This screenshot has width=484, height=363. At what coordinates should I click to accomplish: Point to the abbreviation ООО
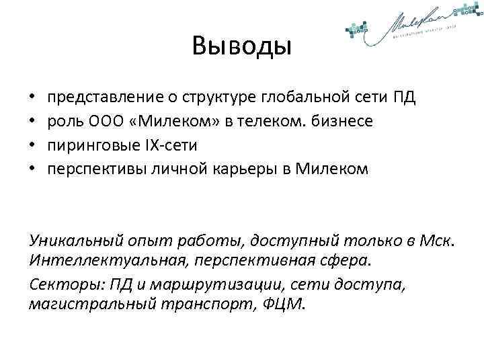click(x=102, y=121)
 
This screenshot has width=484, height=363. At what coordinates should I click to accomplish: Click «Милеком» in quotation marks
click(x=159, y=121)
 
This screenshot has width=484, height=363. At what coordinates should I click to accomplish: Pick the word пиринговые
click(x=89, y=145)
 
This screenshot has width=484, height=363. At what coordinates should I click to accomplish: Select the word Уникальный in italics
click(x=70, y=241)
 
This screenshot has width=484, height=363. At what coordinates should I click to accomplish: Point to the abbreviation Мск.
click(x=439, y=241)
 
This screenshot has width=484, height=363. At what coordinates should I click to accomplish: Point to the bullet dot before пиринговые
click(x=33, y=145)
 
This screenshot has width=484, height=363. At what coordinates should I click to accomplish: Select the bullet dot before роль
click(x=33, y=121)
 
